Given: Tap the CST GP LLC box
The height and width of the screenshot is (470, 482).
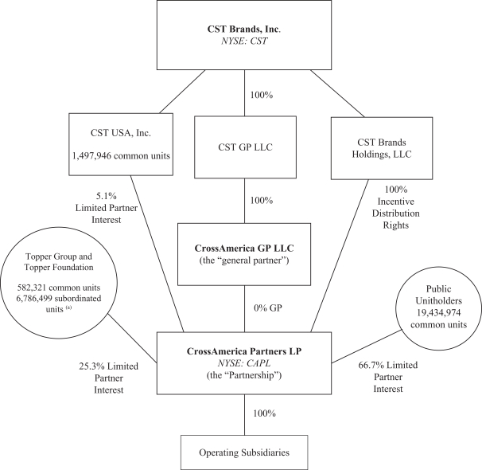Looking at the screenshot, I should (242, 148).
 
